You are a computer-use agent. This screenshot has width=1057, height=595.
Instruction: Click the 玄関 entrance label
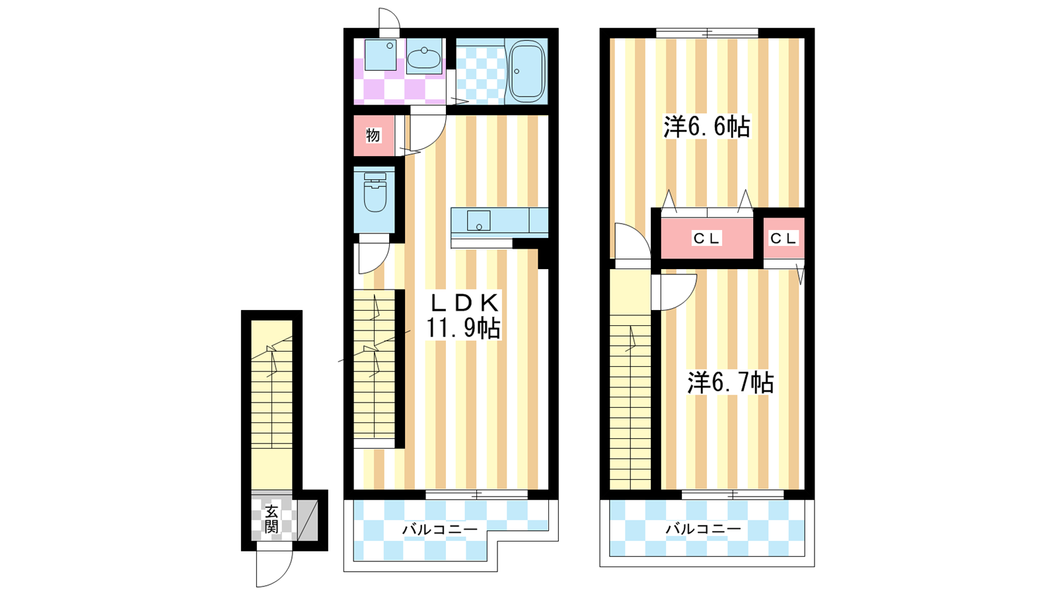[272, 519]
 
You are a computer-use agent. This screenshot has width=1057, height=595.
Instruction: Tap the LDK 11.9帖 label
[463, 315]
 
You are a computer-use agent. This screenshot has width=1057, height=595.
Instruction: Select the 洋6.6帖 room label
[707, 126]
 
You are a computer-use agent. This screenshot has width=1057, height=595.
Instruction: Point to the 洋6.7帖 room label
[731, 382]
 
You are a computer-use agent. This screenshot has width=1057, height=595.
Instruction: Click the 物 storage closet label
[373, 136]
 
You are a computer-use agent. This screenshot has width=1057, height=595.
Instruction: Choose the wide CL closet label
[706, 239]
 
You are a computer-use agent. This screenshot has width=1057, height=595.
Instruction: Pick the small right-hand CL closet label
[784, 239]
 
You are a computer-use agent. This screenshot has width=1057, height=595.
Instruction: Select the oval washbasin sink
[423, 59]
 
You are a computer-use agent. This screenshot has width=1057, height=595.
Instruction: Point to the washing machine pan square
[381, 55]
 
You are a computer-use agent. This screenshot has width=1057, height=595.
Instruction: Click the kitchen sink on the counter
[478, 221]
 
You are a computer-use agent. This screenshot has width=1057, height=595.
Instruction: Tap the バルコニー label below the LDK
[439, 530]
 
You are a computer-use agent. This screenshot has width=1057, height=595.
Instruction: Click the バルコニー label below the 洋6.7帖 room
[703, 529]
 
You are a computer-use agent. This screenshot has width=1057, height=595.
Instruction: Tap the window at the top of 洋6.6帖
[707, 33]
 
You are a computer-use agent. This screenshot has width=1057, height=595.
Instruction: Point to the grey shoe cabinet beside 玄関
[307, 520]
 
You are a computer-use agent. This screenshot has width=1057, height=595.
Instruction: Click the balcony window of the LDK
[476, 495]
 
